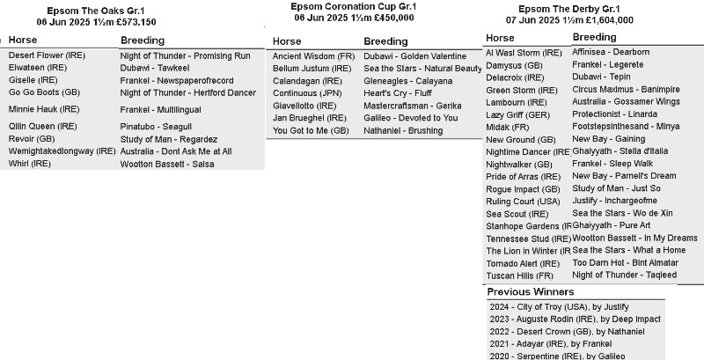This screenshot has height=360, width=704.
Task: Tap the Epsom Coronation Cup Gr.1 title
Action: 341,6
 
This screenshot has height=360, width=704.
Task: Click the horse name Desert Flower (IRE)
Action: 44,55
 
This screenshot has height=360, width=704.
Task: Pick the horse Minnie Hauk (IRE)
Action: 44,110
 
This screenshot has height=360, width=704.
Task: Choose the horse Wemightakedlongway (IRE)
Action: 62,151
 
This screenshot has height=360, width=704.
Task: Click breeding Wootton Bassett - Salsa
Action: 167,164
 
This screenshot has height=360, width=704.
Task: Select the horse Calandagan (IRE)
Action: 312,80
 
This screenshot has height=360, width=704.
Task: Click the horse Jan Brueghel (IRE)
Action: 311,118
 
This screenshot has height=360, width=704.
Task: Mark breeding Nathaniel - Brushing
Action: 403,130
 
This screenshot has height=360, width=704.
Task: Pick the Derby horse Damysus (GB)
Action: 514,65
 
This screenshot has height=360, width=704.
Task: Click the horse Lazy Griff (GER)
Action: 517,115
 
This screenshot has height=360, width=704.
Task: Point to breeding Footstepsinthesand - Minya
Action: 626,127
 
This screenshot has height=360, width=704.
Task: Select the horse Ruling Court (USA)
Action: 523,202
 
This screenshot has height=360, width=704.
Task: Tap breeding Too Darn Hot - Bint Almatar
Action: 625,262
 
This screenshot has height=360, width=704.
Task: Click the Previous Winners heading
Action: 530,291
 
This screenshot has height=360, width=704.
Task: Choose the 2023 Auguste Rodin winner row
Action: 576,320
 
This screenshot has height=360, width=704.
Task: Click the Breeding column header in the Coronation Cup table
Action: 385,41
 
